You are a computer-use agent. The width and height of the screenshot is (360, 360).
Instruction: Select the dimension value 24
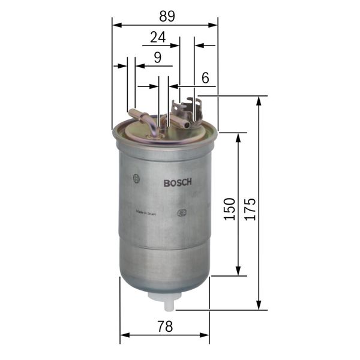[158, 37]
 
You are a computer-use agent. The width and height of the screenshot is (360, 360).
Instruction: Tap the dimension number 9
[157, 58]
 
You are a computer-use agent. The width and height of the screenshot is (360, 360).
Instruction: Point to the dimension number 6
[205, 77]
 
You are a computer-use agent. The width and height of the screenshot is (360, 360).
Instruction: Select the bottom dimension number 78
[165, 327]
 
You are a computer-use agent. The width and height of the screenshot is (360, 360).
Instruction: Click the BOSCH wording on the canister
[178, 184]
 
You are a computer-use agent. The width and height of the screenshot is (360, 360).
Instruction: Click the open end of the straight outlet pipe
[187, 125]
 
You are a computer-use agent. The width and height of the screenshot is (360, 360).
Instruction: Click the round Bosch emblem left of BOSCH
[137, 178]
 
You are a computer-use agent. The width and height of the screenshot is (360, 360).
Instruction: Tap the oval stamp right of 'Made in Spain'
[181, 212]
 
